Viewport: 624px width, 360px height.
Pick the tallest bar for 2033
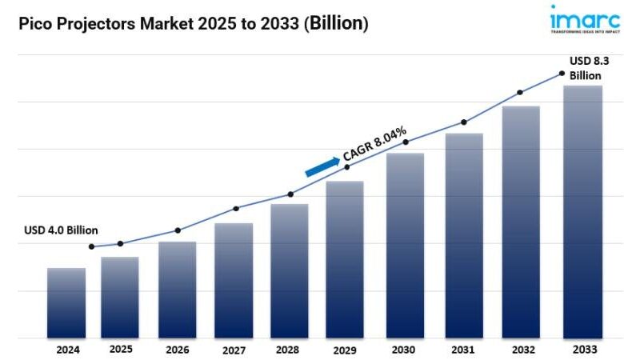(x=582, y=211)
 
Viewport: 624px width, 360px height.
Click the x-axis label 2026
(x=177, y=350)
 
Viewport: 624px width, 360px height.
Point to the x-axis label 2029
(x=346, y=350)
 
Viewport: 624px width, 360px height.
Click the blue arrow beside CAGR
(x=322, y=166)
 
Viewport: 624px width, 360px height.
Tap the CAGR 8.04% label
(x=374, y=143)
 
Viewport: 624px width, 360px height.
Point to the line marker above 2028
(x=290, y=194)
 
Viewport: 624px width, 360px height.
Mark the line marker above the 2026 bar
(x=178, y=230)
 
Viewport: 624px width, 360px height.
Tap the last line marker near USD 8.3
(x=562, y=74)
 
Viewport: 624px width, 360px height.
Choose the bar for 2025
(x=120, y=297)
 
